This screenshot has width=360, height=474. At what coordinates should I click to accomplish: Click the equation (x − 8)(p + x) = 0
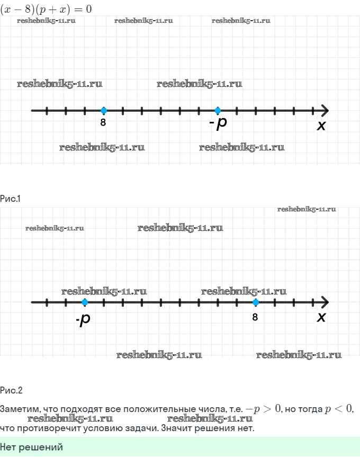coord(46,9)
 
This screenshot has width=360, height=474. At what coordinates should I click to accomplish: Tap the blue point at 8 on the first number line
coord(104,111)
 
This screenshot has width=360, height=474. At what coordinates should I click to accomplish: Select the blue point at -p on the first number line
coord(218,111)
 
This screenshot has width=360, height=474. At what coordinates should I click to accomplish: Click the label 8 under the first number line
coord(103,122)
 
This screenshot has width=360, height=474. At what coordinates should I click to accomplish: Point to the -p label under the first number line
coord(218,123)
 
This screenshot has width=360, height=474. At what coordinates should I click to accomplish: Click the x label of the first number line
coord(321,125)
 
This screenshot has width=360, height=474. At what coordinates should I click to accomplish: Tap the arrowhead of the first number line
coord(325,111)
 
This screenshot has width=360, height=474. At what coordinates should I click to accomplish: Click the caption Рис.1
coord(10,199)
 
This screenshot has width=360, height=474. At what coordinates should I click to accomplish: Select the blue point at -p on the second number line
coord(85,302)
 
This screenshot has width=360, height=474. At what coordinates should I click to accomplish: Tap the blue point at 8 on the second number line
coord(256,302)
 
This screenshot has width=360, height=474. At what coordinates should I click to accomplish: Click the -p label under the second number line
coord(83,319)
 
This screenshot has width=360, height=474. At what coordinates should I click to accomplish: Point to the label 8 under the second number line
coord(255,317)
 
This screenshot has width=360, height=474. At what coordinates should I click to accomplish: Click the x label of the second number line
coord(321,317)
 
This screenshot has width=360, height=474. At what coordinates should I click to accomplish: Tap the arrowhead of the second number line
coord(325,302)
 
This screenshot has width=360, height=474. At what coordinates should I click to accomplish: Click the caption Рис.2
coord(11,390)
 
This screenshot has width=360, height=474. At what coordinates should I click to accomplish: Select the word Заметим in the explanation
coord(20,409)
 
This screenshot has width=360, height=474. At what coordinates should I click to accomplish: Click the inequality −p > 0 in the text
coord(263,409)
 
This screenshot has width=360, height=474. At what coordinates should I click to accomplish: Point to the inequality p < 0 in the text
coord(338,409)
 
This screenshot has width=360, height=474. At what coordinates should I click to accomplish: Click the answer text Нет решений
coord(31,447)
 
